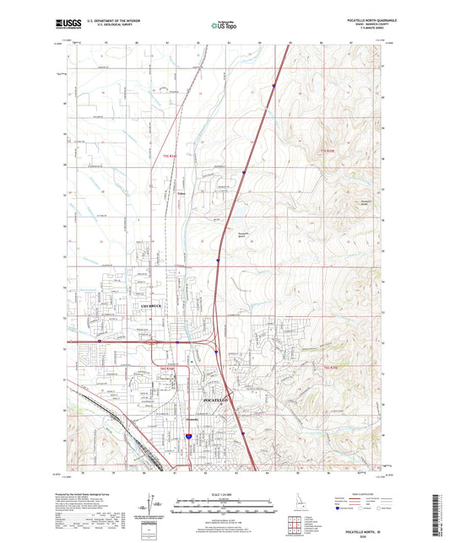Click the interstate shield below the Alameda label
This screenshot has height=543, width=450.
coord(187,437)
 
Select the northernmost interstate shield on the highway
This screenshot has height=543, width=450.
coord(274,85)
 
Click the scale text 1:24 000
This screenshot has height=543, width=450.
coord(225,494)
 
